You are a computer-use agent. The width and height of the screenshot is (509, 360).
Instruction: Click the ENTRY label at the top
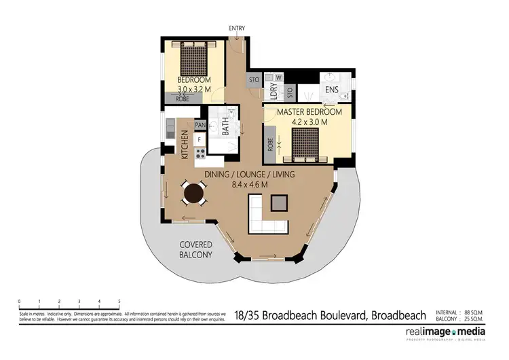click(237, 28)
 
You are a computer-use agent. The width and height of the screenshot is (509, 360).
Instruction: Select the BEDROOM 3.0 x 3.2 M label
click(195, 84)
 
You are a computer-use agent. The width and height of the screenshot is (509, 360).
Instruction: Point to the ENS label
click(331, 90)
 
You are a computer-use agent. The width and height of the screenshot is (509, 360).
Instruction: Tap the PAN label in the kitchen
click(200, 126)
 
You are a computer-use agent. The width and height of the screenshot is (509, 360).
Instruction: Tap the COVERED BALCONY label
click(196, 249)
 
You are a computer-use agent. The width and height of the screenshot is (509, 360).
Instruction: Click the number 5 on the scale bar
click(119, 301)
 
